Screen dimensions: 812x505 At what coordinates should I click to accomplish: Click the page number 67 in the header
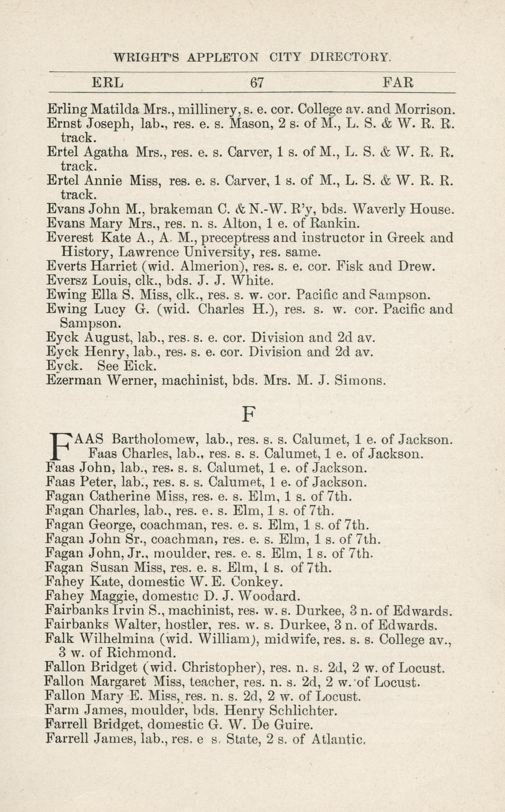[x=257, y=82]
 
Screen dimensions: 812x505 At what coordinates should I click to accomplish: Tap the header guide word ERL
[x=108, y=82]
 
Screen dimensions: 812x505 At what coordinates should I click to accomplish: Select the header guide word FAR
[x=398, y=82]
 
